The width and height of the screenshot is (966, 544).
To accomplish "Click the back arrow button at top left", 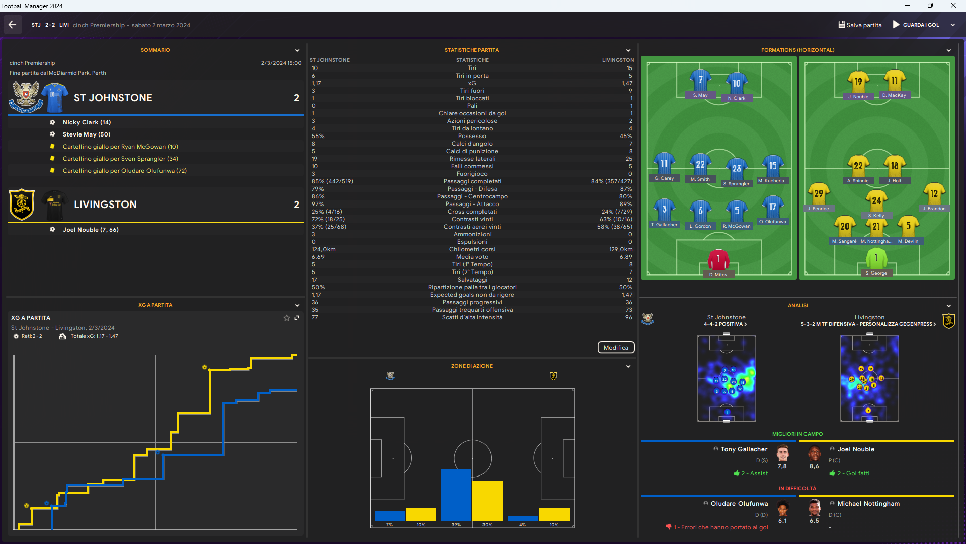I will point(13,25).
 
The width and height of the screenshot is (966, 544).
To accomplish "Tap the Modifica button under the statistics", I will point(616,348).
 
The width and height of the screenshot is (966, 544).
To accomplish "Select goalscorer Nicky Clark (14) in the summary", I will point(87,122).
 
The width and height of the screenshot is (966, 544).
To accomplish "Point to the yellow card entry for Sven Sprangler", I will point(120,159).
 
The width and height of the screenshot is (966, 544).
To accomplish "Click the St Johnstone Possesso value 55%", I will point(318,136).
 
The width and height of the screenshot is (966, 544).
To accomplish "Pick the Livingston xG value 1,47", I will point(627,83).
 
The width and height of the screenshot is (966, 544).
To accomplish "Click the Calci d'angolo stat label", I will point(472,144).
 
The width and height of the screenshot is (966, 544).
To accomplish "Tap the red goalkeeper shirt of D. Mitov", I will point(718,260).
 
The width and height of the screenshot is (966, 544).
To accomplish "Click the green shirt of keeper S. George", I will point(876,258).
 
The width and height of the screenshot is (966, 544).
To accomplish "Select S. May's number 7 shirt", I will point(700,81).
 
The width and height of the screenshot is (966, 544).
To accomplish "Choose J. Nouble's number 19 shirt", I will point(858,82).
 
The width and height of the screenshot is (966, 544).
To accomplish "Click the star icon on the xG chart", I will point(287,318).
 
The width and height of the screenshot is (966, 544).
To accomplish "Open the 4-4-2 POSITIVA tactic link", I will point(726,324).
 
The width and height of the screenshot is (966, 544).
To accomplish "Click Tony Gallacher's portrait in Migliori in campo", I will point(782,454).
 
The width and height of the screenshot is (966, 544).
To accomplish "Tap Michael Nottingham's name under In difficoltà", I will point(868,504).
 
